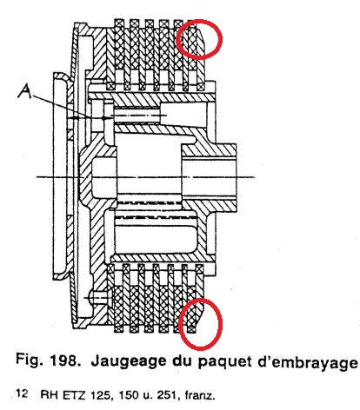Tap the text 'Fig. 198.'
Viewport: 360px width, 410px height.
click(47, 360)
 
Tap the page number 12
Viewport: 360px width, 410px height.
click(22, 393)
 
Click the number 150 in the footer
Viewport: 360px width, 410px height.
click(129, 395)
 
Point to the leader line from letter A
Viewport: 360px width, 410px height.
click(68, 106)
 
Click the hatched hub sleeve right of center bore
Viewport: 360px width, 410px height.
click(210, 150)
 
